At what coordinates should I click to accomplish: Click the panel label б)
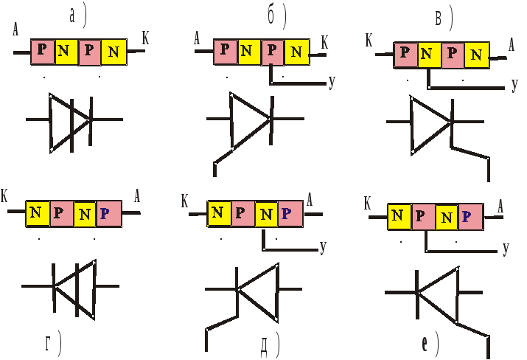pyautogui.click(x=277, y=17)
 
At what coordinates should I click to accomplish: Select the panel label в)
pyautogui.click(x=444, y=18)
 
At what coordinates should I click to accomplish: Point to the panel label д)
pyautogui.click(x=270, y=345)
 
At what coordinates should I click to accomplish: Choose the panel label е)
pyautogui.click(x=430, y=344)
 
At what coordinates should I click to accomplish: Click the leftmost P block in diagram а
pyautogui.click(x=43, y=52)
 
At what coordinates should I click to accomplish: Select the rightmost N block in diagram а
pyautogui.click(x=114, y=52)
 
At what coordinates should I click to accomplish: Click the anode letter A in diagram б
pyautogui.click(x=197, y=38)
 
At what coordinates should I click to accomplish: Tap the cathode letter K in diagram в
pyautogui.click(x=369, y=41)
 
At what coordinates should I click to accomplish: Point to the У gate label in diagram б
pyautogui.click(x=332, y=81)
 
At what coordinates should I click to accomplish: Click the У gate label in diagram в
pyautogui.click(x=514, y=85)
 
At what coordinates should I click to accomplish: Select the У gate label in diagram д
pyautogui.click(x=324, y=247)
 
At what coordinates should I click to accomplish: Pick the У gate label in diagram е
pyautogui.click(x=506, y=249)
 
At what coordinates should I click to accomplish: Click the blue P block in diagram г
pyautogui.click(x=109, y=214)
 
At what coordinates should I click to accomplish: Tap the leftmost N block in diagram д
pyautogui.click(x=219, y=214)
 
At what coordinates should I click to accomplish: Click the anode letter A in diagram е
pyautogui.click(x=500, y=207)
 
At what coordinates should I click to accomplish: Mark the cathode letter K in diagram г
pyautogui.click(x=4, y=195)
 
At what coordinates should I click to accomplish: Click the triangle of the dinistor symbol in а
pyautogui.click(x=70, y=122)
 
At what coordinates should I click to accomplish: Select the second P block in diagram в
pyautogui.click(x=453, y=55)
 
